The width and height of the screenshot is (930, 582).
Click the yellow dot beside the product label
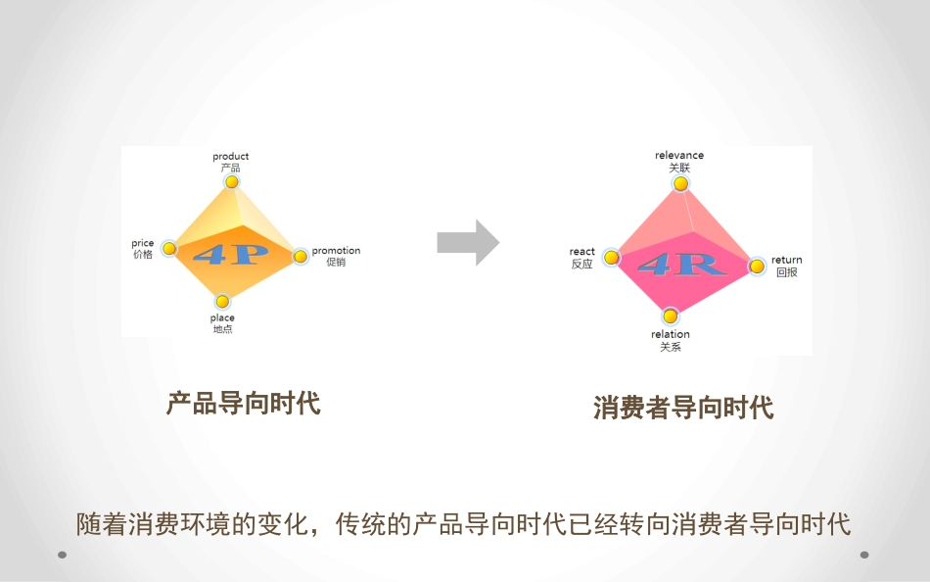tap(231, 182)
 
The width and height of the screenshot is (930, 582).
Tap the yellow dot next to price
tap(169, 249)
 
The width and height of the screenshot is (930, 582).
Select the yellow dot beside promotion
tap(301, 257)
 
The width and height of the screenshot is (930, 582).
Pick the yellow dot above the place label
tap(222, 302)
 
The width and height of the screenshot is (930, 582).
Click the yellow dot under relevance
tap(679, 184)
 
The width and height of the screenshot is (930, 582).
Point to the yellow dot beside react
tap(611, 258)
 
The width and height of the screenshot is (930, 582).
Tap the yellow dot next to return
tap(757, 266)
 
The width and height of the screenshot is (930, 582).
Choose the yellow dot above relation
tap(670, 315)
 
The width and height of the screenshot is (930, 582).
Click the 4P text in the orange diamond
tap(231, 254)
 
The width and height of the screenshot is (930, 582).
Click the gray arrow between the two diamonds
tap(468, 242)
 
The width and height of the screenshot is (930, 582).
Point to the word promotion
tap(336, 251)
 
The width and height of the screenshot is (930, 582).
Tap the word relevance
tap(679, 156)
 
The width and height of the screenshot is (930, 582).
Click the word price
tap(143, 243)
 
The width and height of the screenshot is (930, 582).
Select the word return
tap(786, 261)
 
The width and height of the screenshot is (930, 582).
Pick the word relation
tap(671, 334)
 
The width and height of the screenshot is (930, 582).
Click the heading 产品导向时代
tap(244, 403)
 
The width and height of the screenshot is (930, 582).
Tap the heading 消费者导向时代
tap(683, 408)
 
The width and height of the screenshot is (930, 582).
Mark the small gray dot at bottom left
tap(62, 555)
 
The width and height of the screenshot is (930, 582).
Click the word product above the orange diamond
tap(231, 156)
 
